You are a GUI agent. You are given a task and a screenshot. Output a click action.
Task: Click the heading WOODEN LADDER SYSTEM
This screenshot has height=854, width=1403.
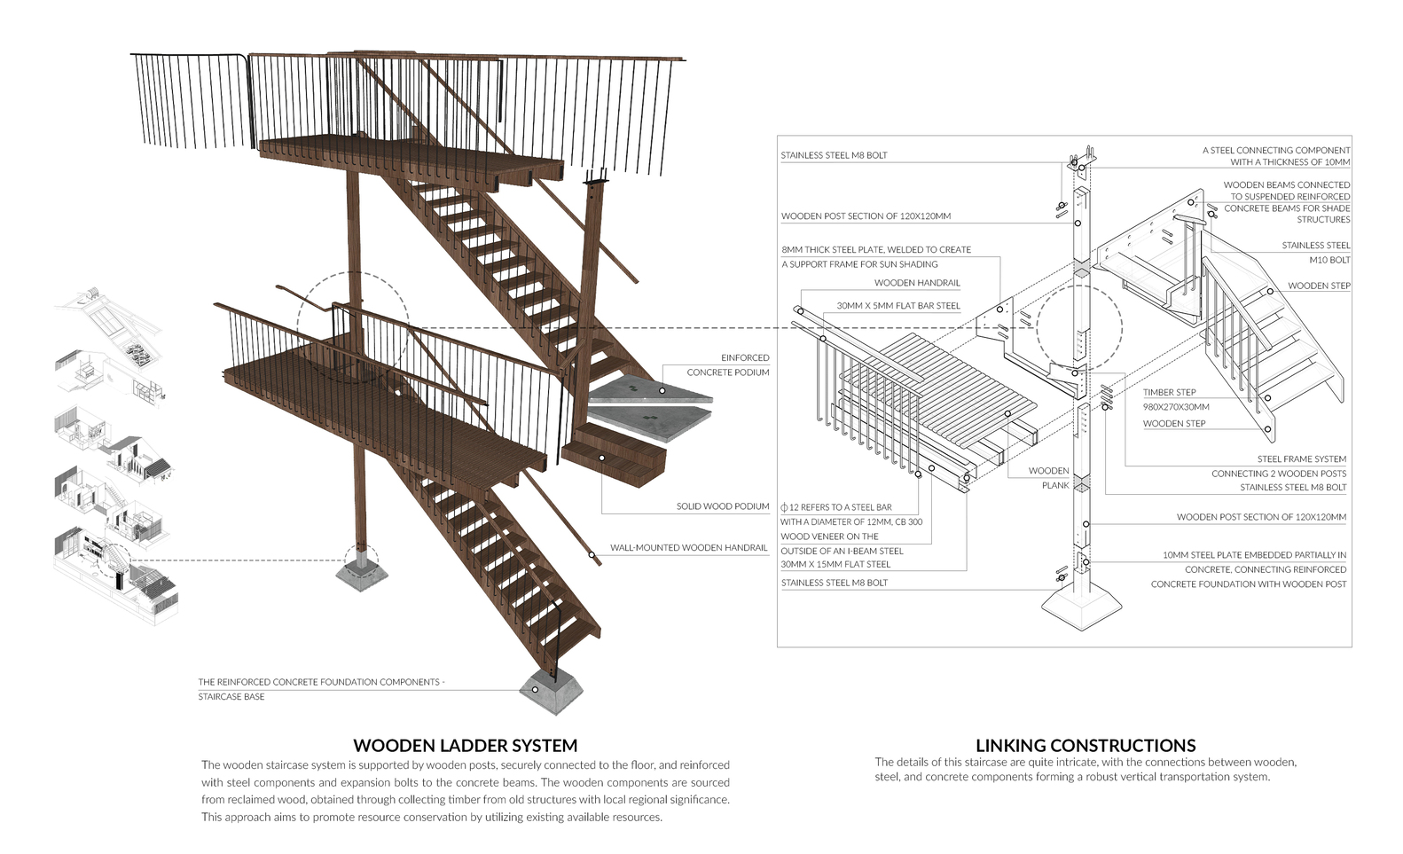click(x=465, y=746)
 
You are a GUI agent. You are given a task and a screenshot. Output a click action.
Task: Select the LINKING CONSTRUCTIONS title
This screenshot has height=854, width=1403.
click(x=1085, y=746)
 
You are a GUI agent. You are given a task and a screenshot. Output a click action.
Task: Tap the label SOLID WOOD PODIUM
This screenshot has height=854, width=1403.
click(x=722, y=506)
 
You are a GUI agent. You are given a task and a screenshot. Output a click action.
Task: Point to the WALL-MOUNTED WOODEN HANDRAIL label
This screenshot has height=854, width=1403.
click(x=688, y=548)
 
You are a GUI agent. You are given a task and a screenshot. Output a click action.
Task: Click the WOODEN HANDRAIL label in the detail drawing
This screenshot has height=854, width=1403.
click(x=917, y=283)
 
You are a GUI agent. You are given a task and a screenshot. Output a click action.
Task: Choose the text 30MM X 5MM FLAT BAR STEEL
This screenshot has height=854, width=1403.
click(x=897, y=306)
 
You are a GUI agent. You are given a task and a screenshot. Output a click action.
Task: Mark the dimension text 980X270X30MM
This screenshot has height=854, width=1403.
click(x=1175, y=406)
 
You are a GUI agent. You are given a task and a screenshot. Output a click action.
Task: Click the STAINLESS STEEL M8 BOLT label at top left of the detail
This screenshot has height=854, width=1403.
click(x=834, y=155)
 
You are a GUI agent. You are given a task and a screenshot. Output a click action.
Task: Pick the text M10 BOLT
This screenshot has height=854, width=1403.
click(x=1329, y=260)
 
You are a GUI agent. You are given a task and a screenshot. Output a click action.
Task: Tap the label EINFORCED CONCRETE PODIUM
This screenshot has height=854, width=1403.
click(x=727, y=364)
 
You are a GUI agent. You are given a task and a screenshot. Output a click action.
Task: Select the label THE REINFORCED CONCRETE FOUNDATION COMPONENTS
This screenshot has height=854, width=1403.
click(x=321, y=682)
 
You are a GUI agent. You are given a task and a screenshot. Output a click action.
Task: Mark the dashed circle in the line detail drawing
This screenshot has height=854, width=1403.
click(x=1078, y=328)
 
